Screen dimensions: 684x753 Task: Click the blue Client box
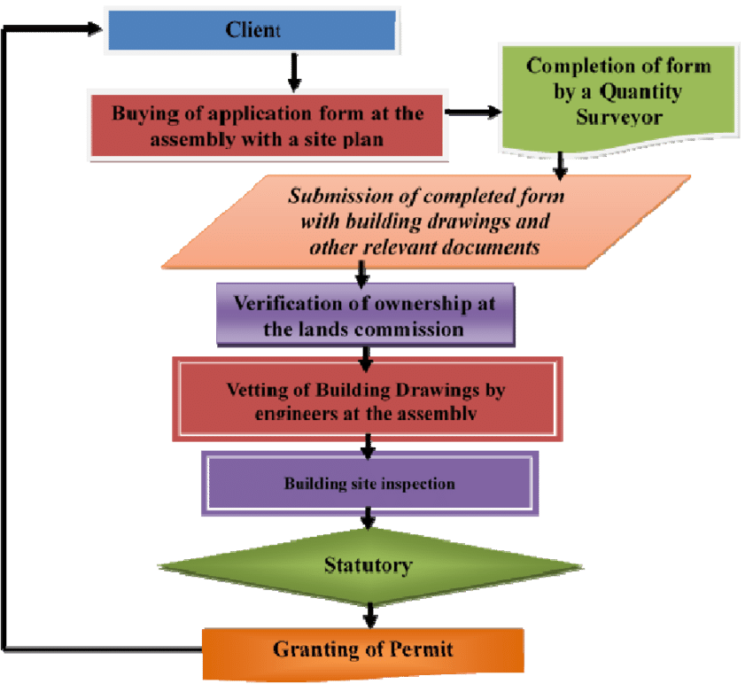[x=251, y=29]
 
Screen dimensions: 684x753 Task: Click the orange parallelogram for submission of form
[x=425, y=221]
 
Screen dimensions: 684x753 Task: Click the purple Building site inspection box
[x=369, y=484]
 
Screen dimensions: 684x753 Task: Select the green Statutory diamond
[x=369, y=564]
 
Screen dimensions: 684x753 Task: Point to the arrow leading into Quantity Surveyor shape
[x=473, y=113]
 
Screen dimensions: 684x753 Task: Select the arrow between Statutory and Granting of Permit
[x=369, y=614]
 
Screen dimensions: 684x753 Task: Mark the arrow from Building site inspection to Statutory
[x=368, y=525]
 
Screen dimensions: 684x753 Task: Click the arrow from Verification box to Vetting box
[x=365, y=355]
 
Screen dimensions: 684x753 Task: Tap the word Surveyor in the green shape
[x=618, y=117]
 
